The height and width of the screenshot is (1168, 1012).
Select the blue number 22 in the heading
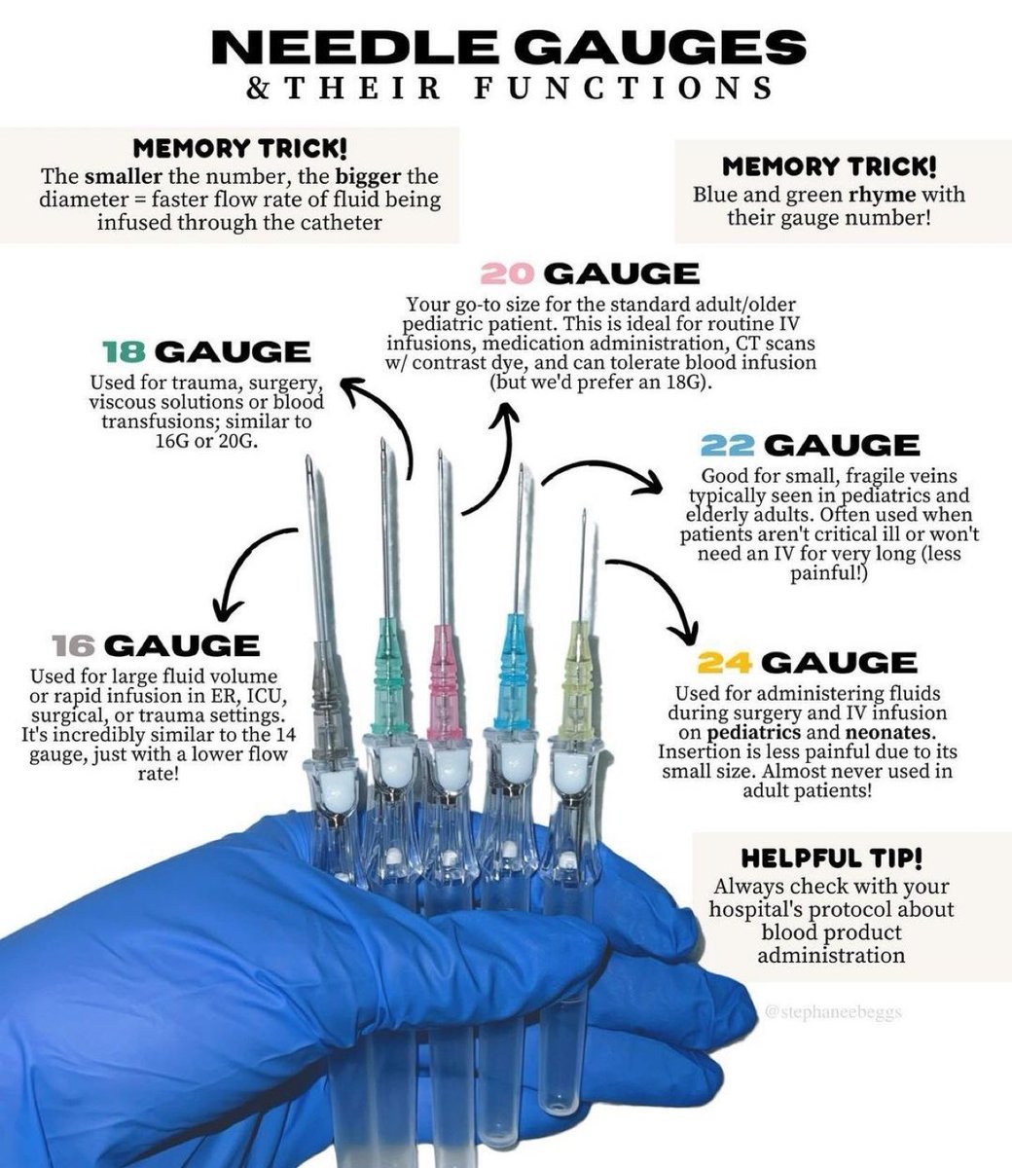coord(728,446)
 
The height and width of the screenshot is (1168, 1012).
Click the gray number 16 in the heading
coord(74,645)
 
